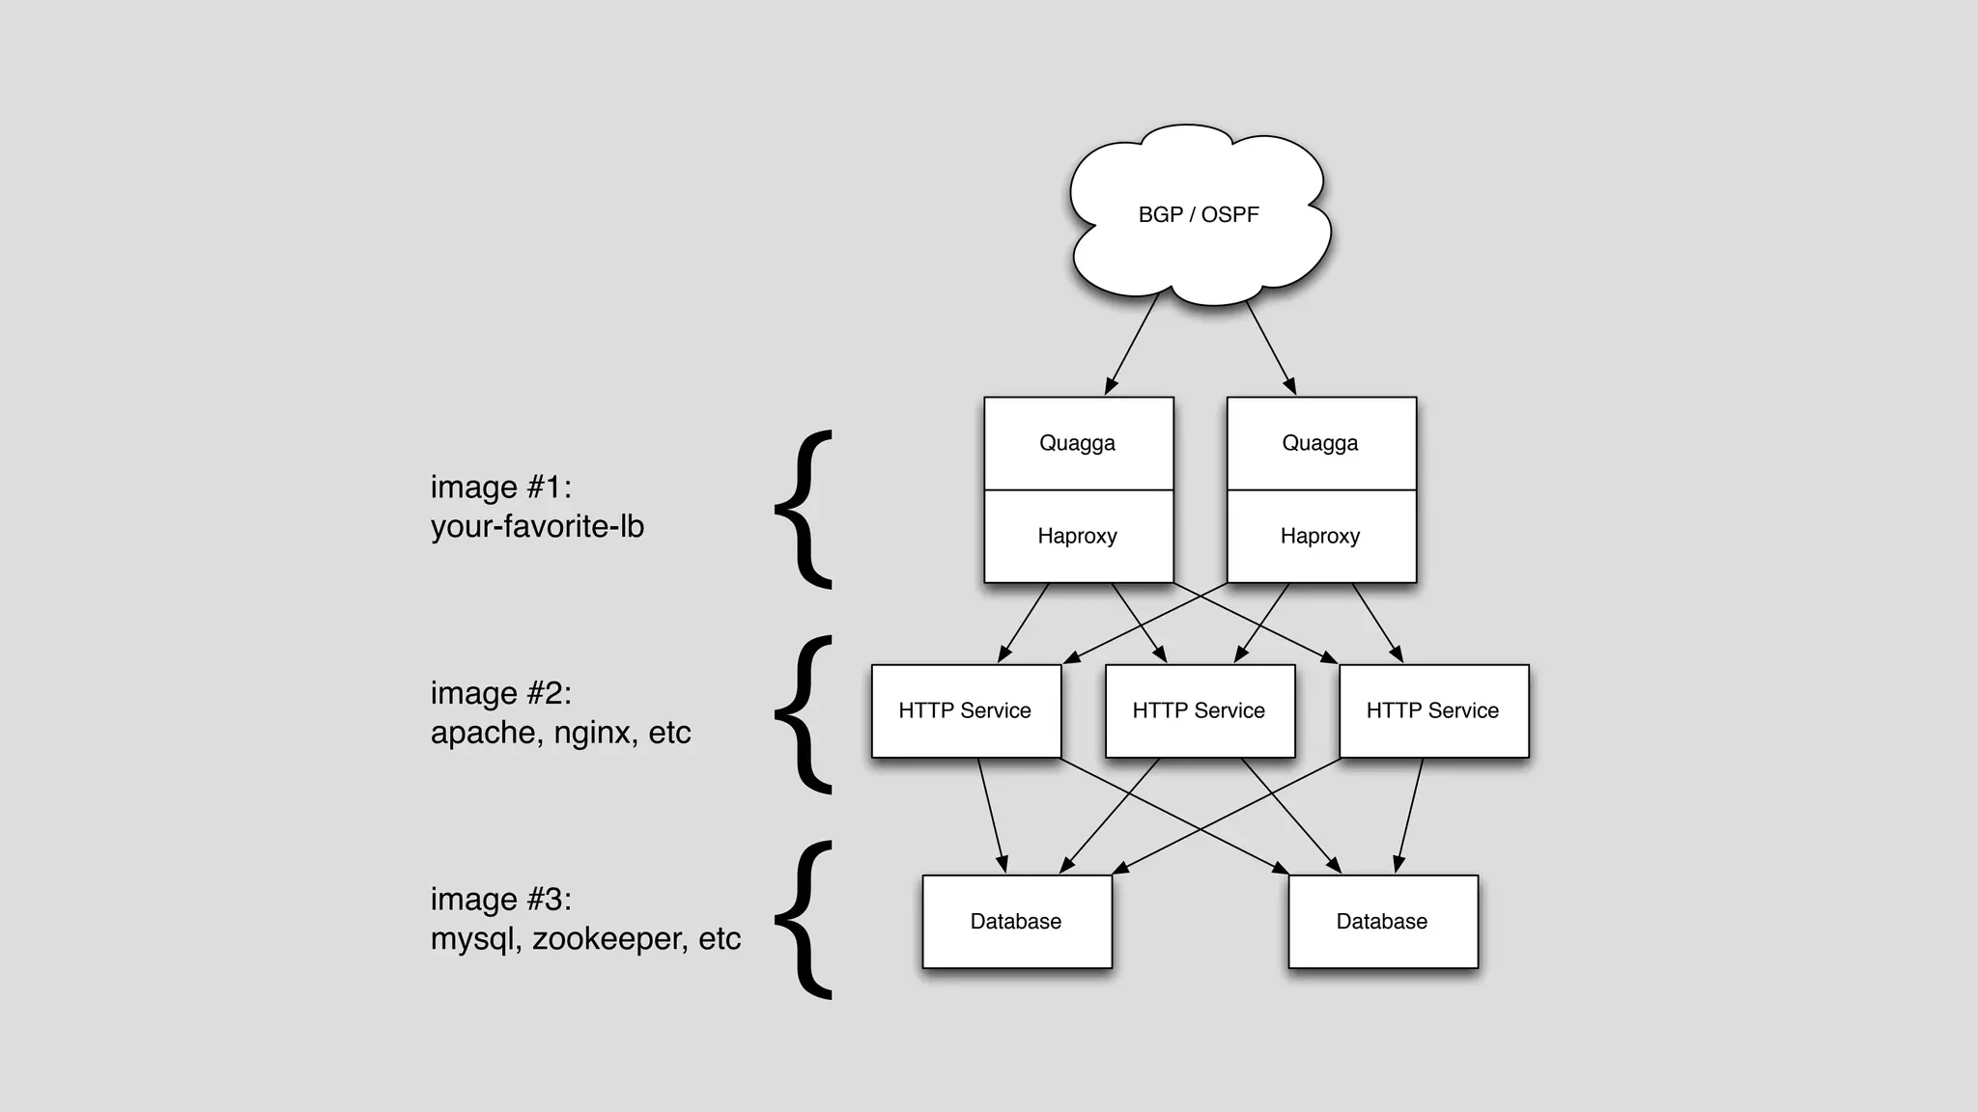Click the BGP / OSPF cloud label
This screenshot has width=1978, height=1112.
(1198, 214)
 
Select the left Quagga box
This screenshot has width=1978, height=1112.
(1078, 443)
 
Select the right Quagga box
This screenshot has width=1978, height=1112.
(1320, 443)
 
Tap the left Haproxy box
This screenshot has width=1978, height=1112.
(1078, 537)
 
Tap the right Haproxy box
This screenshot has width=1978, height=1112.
(1320, 537)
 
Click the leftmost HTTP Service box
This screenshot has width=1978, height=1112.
(965, 711)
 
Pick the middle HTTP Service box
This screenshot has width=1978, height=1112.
(1199, 711)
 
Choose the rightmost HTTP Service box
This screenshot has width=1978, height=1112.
(1432, 711)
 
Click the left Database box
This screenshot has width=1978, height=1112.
(1016, 922)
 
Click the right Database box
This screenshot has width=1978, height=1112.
(1382, 922)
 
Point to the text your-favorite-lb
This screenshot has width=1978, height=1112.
(537, 527)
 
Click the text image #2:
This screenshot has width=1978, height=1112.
(500, 693)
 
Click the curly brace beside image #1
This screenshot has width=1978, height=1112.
(804, 510)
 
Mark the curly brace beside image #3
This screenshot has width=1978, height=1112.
(804, 920)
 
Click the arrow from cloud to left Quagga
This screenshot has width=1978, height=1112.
(1132, 344)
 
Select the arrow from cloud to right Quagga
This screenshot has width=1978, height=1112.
(1270, 346)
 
